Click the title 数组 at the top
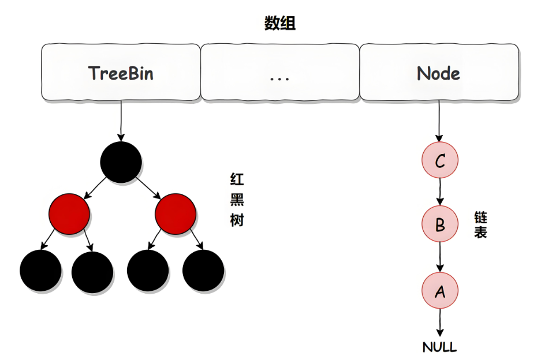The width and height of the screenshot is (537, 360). click(280, 24)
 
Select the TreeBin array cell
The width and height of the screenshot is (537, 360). click(121, 73)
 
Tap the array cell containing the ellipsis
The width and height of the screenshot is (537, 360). click(279, 73)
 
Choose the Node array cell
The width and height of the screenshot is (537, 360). click(439, 73)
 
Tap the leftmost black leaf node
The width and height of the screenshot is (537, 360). click(40, 271)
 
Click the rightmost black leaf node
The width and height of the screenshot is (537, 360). click(203, 271)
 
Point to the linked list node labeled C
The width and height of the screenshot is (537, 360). click(440, 160)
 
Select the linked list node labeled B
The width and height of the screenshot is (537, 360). click(440, 224)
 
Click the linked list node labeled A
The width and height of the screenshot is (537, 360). click(440, 291)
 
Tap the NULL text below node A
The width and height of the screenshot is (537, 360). click(440, 347)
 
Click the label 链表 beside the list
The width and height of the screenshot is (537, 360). click(480, 225)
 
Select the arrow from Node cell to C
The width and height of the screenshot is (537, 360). click(439, 121)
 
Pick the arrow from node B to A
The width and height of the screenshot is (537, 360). click(440, 257)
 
